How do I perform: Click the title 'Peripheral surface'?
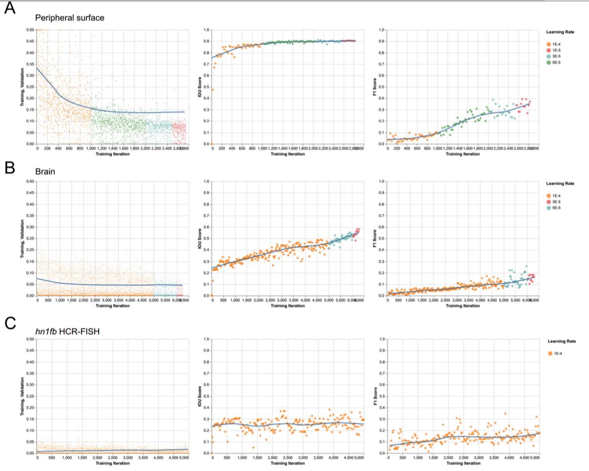point(69,18)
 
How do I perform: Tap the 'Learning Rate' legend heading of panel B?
point(560,184)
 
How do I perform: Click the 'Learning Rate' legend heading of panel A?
point(560,32)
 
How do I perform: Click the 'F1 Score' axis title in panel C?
point(375,396)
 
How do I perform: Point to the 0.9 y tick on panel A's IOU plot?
point(207,41)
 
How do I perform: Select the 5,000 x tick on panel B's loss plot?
point(153,301)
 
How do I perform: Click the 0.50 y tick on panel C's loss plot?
point(30,339)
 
